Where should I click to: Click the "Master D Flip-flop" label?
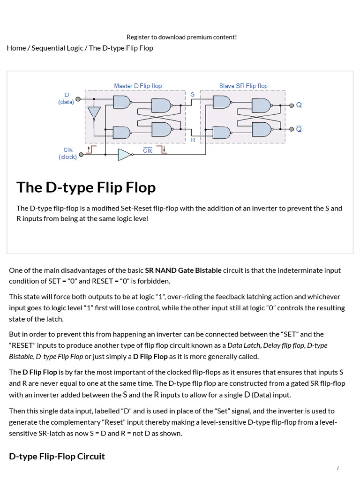[138, 86]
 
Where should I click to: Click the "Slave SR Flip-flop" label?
[243, 86]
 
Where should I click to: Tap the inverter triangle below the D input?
[94, 113]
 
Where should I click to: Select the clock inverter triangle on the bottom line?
[125, 154]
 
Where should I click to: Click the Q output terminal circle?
[292, 105]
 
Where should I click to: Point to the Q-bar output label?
[299, 129]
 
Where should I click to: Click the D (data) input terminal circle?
[78, 99]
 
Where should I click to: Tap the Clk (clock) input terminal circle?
[82, 154]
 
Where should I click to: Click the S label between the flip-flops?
[192, 94]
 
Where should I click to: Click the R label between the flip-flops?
[192, 140]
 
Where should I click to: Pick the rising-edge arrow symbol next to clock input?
[91, 150]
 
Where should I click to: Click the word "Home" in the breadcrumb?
[16, 48]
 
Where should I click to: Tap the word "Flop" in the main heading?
[138, 187]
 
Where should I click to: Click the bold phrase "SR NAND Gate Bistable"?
[183, 270]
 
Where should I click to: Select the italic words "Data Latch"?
[243, 345]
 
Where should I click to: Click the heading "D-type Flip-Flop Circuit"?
[57, 456]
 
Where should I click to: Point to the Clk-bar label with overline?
[148, 150]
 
